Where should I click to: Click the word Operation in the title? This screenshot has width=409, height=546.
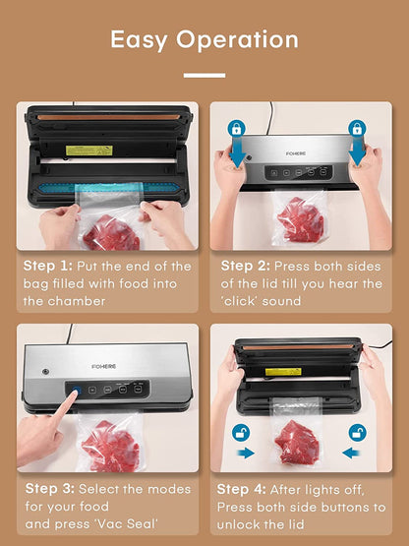(x=237, y=40)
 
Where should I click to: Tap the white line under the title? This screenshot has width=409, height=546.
(x=204, y=75)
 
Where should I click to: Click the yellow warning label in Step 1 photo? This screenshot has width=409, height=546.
(x=89, y=151)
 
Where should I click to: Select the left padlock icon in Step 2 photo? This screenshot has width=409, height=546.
(x=236, y=129)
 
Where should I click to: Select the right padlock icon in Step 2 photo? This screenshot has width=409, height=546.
(x=357, y=129)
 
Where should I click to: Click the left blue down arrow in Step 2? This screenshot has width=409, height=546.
(x=237, y=152)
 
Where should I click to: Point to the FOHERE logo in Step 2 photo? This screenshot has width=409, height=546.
(x=296, y=153)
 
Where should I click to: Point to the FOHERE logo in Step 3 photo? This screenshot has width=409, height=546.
(x=104, y=366)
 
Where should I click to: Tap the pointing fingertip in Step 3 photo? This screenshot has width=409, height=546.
(x=75, y=394)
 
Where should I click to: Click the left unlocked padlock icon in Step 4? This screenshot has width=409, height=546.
(x=241, y=433)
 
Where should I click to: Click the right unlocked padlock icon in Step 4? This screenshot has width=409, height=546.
(x=358, y=433)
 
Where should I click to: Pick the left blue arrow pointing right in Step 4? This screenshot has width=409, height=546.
(x=246, y=453)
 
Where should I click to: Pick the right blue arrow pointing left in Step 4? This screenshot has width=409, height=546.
(x=351, y=453)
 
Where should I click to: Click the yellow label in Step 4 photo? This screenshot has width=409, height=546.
(x=283, y=372)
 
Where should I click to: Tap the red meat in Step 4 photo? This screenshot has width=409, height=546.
(x=297, y=443)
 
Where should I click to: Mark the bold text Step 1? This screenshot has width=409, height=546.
(x=48, y=266)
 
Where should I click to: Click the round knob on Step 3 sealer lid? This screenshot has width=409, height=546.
(x=45, y=372)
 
